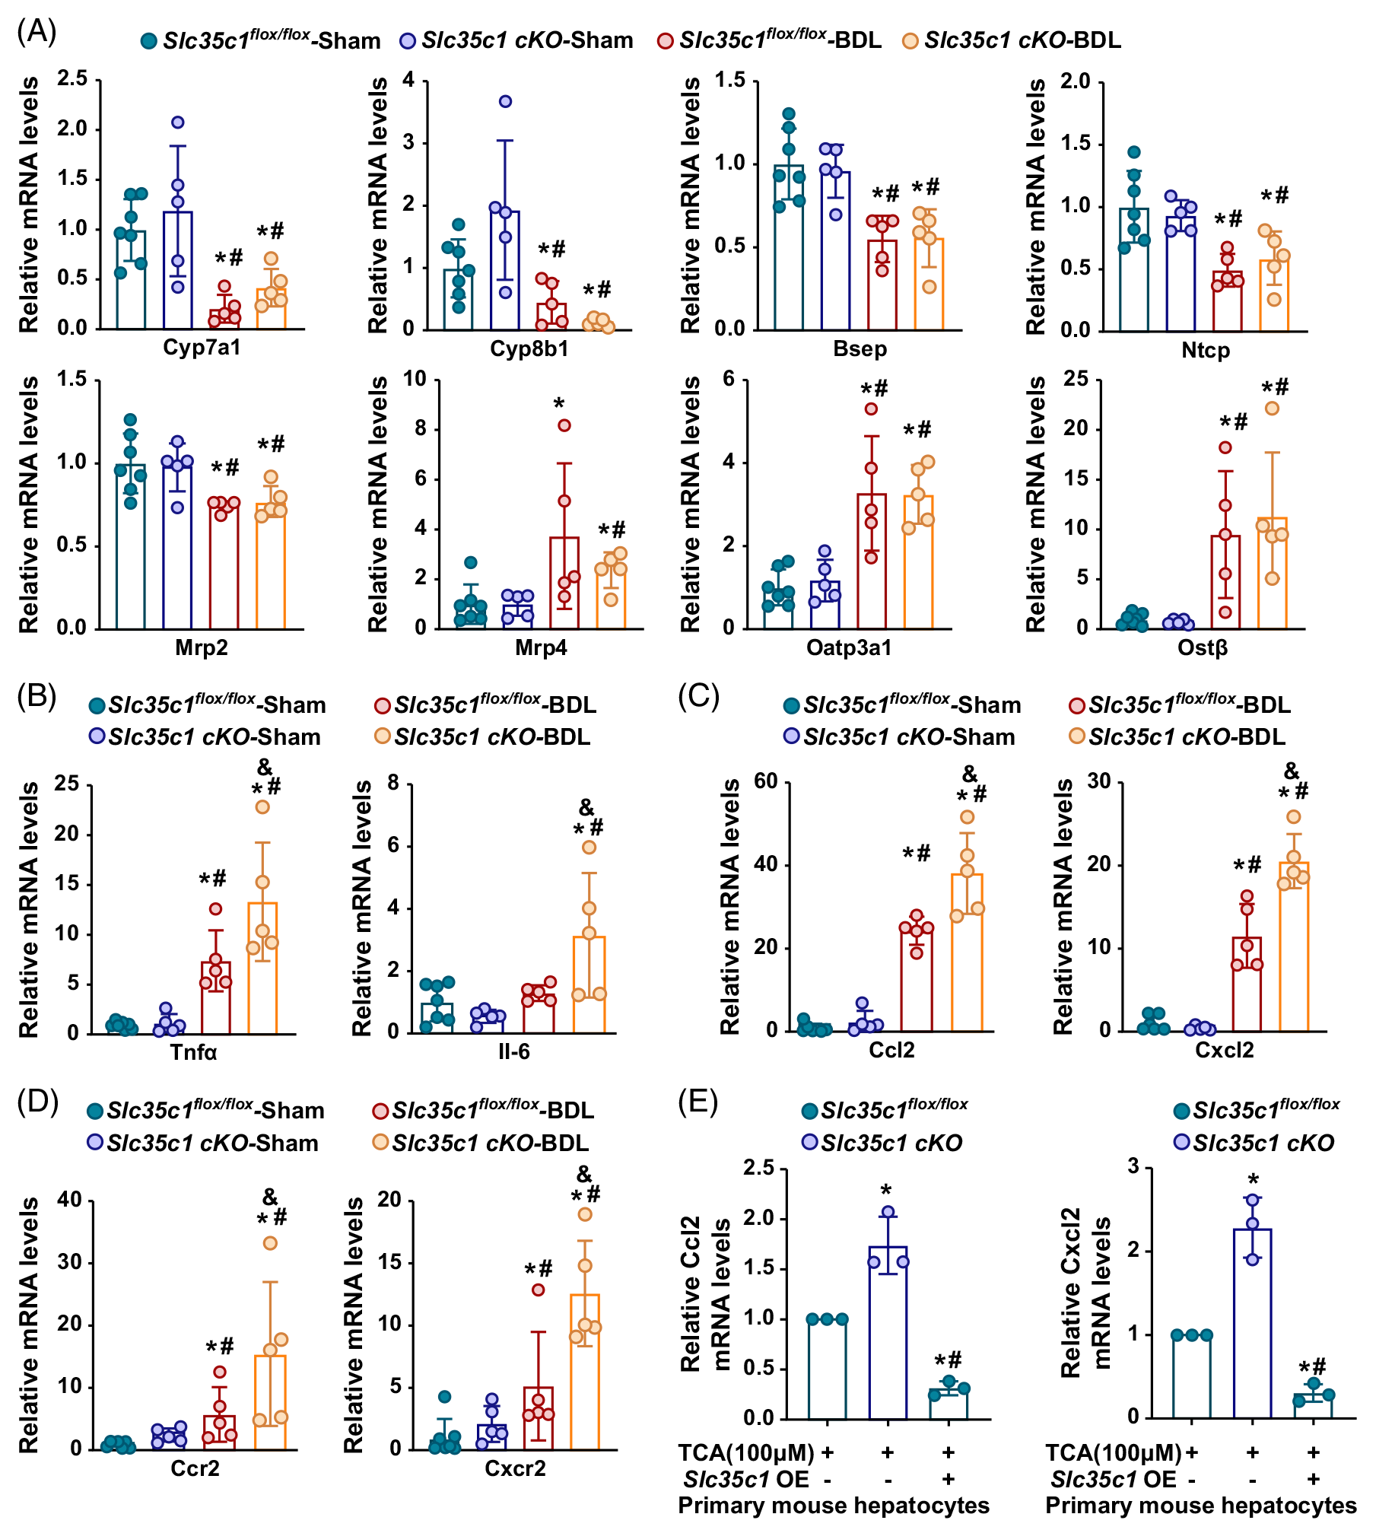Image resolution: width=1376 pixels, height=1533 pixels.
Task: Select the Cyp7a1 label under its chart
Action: point(202,348)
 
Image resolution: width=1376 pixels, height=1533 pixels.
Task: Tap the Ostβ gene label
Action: point(1203,648)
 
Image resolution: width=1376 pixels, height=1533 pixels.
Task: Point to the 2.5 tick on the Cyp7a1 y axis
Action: point(72,78)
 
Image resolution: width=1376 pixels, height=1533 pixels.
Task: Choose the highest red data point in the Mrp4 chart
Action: point(564,425)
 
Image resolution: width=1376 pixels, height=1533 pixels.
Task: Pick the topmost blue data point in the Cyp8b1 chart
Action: point(505,101)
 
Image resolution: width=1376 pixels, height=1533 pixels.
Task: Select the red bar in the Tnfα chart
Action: point(216,997)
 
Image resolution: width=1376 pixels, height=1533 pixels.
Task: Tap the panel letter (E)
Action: point(698,1102)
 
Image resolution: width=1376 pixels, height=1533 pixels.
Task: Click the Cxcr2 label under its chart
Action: point(515,1468)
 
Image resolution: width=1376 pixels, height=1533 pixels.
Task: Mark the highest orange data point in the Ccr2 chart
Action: point(270,1243)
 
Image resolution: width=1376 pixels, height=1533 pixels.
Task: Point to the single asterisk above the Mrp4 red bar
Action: point(559,402)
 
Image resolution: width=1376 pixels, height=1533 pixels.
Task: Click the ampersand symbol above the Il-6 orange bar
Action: point(586,806)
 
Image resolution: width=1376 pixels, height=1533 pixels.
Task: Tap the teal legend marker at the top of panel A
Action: point(149,41)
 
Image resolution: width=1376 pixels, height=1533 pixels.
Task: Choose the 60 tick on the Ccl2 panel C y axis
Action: point(765,781)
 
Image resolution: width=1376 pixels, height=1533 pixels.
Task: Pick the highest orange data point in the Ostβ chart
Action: point(1272,409)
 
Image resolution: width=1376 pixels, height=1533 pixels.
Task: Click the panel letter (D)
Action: point(37,1102)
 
